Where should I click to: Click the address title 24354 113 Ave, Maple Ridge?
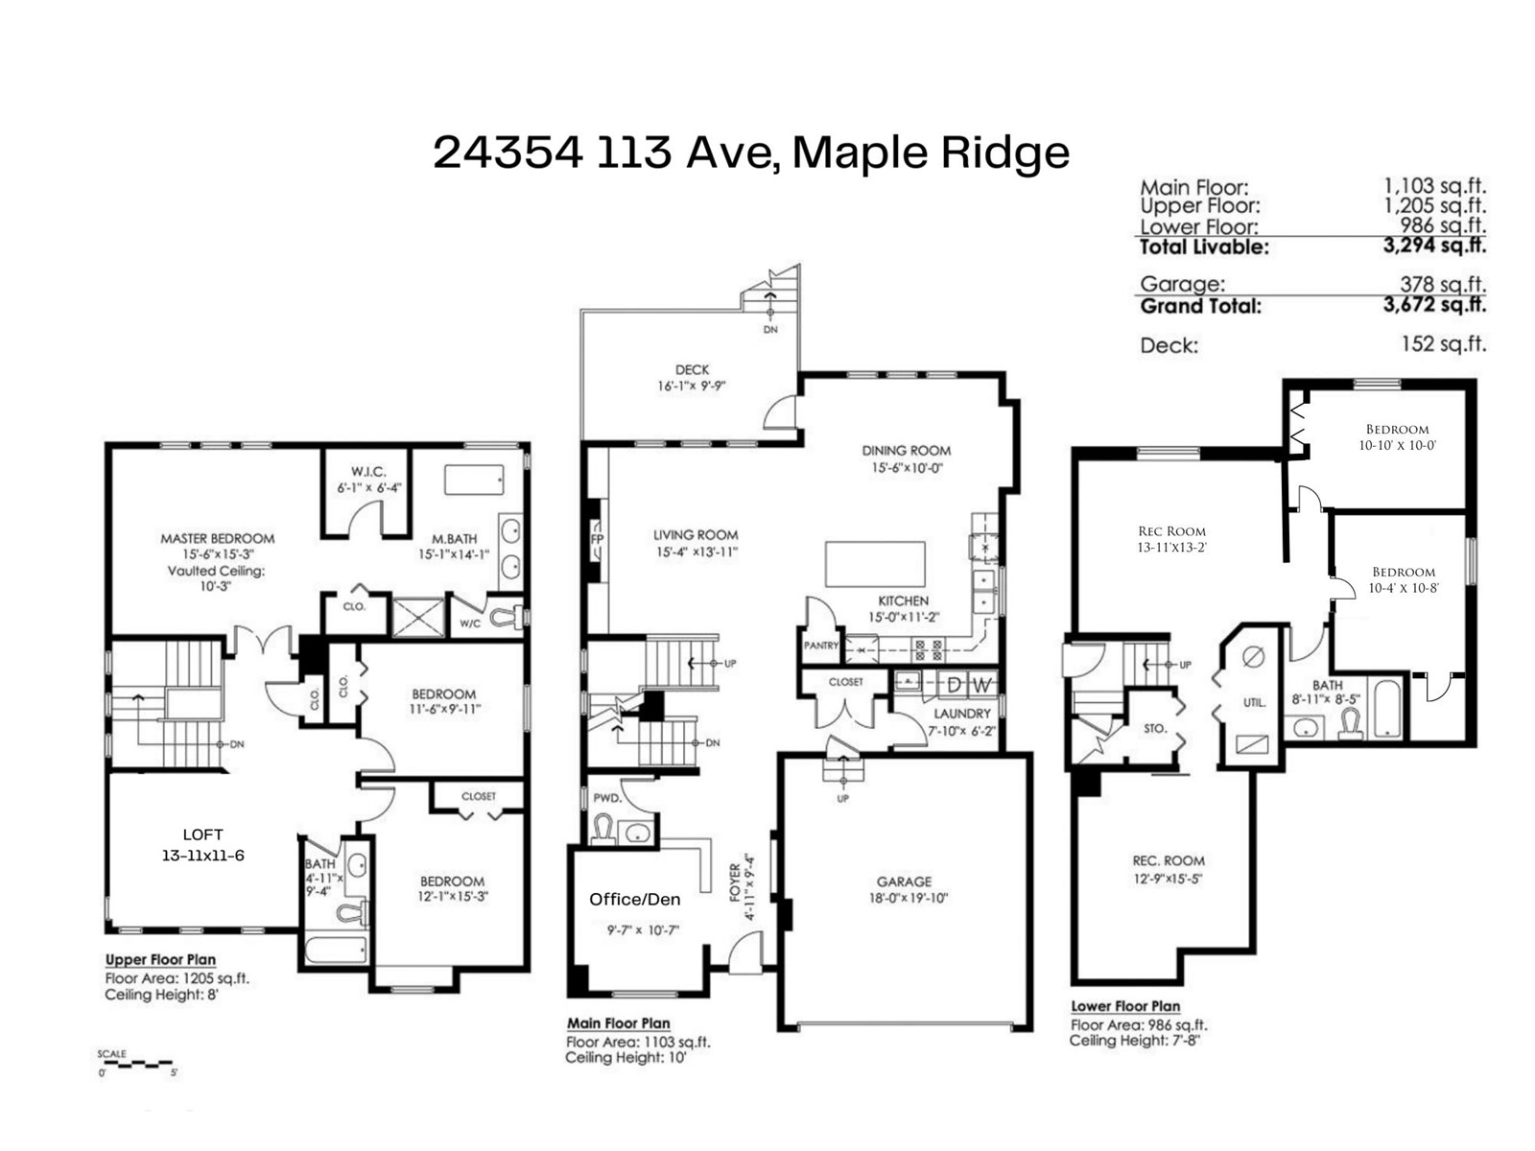click(x=750, y=153)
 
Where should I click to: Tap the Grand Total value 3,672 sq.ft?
click(x=1434, y=305)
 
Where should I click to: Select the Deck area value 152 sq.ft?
click(x=1444, y=343)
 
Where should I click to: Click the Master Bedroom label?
click(x=218, y=538)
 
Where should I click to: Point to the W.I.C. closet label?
click(x=367, y=472)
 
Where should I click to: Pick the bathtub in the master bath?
click(x=473, y=481)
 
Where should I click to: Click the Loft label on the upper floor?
click(x=202, y=834)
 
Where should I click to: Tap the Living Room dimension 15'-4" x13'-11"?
click(x=697, y=552)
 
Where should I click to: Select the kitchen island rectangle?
click(x=875, y=564)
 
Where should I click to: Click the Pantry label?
click(x=820, y=645)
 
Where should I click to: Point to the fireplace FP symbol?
click(x=597, y=539)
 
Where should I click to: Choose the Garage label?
click(x=905, y=881)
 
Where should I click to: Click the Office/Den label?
click(x=634, y=900)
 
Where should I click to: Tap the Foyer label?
click(x=735, y=882)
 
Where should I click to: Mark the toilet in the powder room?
click(x=602, y=831)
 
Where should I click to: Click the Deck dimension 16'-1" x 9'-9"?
click(x=692, y=385)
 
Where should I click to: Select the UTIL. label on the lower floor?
click(x=1254, y=703)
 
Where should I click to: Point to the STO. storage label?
click(x=1154, y=728)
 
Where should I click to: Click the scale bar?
click(x=136, y=1064)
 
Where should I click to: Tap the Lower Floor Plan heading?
click(x=1125, y=1006)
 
